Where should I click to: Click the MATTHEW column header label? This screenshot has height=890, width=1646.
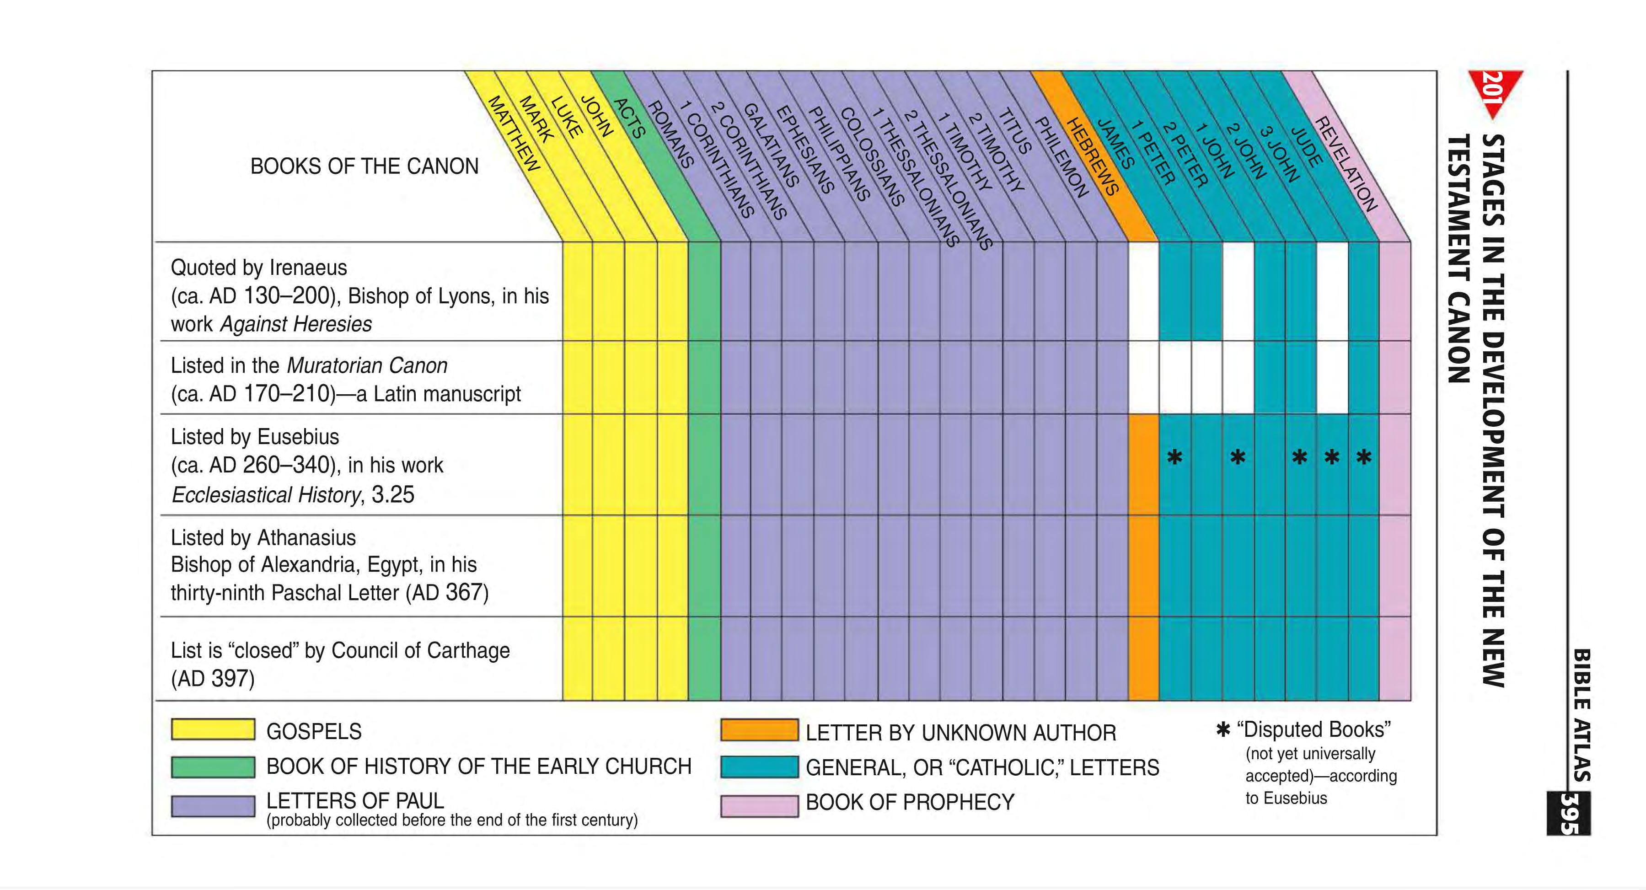[514, 133]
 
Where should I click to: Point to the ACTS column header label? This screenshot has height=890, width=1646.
[629, 118]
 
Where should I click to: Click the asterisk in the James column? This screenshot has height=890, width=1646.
[1174, 457]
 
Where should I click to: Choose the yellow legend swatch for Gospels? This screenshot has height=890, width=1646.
[213, 729]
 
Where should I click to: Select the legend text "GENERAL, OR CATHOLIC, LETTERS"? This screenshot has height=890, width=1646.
[982, 767]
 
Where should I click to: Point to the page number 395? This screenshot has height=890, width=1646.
[1569, 813]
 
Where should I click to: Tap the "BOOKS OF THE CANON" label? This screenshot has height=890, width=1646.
[364, 166]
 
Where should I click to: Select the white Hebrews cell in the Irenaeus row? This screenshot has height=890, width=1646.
[1143, 291]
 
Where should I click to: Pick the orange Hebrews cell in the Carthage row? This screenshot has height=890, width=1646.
[1143, 658]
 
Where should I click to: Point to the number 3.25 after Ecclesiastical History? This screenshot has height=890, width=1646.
[393, 494]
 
